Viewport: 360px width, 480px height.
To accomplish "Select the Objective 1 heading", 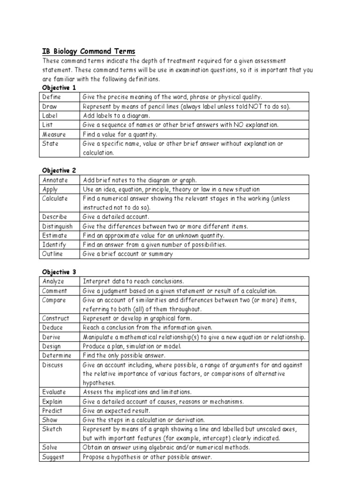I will tap(59, 88).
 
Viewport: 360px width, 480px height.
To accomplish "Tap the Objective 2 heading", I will tap(59, 170).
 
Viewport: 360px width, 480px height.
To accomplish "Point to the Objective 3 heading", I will tap(59, 272).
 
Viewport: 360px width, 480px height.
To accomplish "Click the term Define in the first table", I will tap(52, 97).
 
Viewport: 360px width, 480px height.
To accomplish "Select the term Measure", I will tap(54, 134).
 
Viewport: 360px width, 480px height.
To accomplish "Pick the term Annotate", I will tap(55, 180).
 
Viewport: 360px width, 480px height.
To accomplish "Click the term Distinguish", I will tap(57, 226).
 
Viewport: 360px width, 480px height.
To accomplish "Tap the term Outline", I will tap(52, 254).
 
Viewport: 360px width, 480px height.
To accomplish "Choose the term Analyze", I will tap(53, 282).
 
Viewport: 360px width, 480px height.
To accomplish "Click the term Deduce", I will tap(52, 328).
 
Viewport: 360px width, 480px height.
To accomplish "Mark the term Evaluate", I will tap(54, 392).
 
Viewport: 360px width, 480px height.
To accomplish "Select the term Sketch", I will tap(52, 429).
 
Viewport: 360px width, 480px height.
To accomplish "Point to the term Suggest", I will tap(53, 457).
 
